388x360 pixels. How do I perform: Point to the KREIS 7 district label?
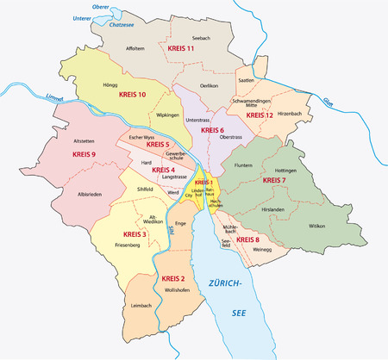point(272,181)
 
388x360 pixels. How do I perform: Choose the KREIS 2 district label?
point(173,280)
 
